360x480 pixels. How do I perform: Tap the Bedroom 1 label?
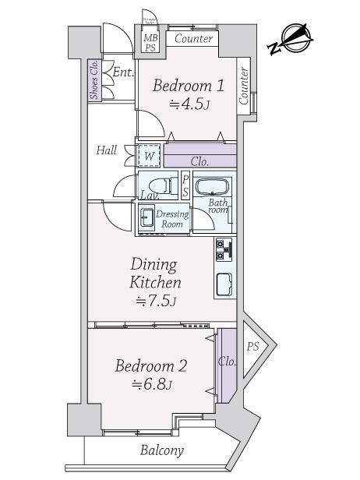[x=189, y=86]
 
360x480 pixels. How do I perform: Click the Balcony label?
[x=162, y=450]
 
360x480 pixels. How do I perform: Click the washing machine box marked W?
[x=148, y=156]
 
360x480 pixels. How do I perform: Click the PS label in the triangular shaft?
[x=253, y=346]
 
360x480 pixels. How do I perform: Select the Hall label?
[x=107, y=150]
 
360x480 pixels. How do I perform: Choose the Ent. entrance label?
[x=122, y=72]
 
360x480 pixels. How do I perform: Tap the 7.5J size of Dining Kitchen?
[x=155, y=302]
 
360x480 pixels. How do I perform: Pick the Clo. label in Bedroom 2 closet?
[x=228, y=362]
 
